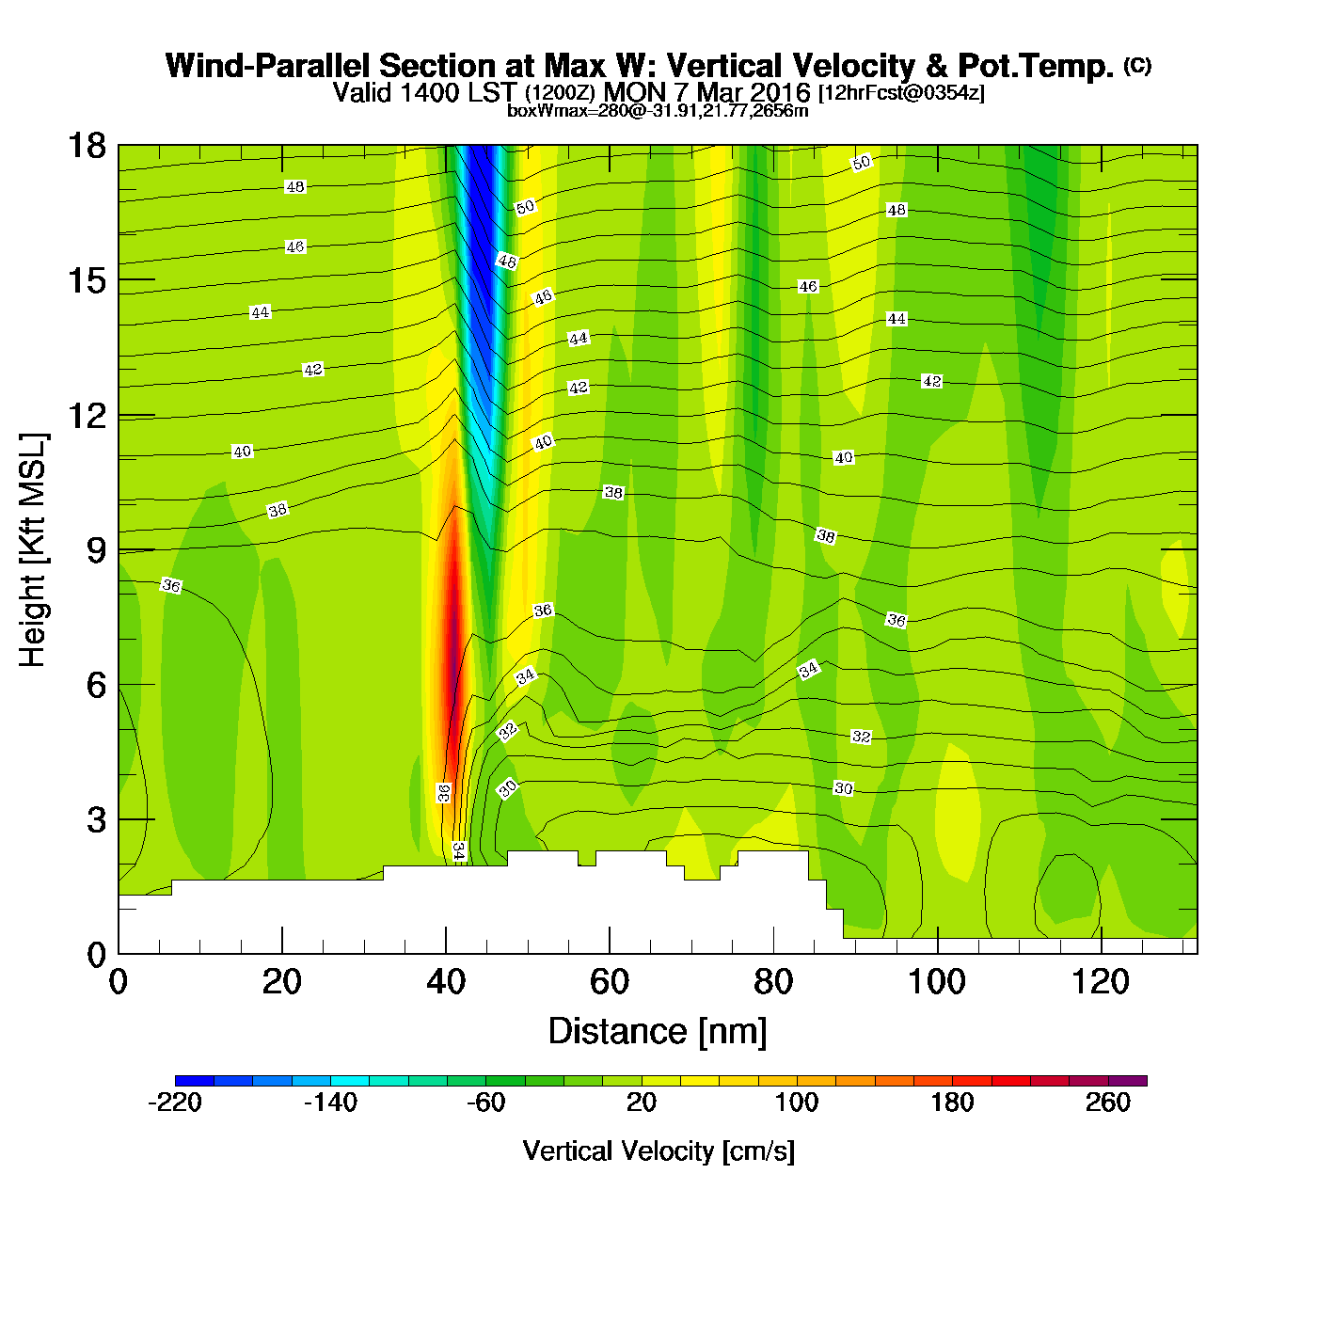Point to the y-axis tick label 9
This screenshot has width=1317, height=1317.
point(97,550)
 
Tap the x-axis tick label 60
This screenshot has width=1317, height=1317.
point(610,982)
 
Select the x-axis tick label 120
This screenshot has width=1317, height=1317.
point(1101,982)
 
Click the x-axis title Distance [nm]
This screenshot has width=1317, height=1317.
point(658,1032)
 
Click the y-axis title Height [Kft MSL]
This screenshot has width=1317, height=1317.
point(33,550)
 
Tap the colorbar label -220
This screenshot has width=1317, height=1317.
point(175,1103)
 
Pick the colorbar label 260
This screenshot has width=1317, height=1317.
point(1108,1103)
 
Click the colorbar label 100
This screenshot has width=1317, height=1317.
point(797,1103)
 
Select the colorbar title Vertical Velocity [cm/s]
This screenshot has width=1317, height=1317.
point(658,1151)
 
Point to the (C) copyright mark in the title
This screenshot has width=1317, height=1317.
point(1136,65)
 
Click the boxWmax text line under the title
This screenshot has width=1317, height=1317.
point(658,110)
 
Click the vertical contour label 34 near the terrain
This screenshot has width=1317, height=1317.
point(458,850)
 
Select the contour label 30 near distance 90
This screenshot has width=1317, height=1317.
point(844,788)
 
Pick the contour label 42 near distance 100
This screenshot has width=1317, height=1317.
point(931,381)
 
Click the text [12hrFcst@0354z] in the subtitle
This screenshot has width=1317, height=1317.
point(901,93)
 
